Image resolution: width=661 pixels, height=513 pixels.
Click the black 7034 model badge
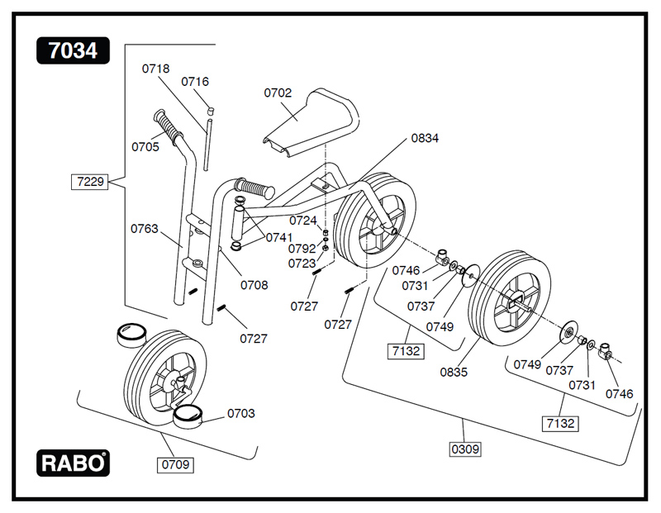tap(73, 51)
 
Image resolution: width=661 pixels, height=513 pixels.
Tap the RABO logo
tap(73, 463)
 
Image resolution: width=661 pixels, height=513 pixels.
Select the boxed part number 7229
tap(89, 181)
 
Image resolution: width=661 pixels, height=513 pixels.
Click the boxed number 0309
tap(464, 449)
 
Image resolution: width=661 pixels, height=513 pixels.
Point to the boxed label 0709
tap(174, 464)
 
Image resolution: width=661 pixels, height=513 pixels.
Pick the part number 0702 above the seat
tap(278, 93)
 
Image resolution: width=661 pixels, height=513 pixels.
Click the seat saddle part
tap(310, 124)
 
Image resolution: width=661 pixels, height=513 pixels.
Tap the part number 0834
tap(425, 138)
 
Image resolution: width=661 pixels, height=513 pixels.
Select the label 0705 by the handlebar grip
tap(145, 147)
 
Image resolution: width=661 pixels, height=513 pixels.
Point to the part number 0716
tap(195, 81)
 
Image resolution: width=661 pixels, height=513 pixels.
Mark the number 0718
tap(155, 69)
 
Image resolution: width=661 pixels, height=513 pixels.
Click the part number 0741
tap(278, 237)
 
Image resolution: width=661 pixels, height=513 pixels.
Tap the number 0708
tap(254, 285)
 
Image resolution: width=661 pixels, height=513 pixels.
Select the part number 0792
tap(302, 248)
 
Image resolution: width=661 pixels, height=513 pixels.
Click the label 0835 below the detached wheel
tap(454, 372)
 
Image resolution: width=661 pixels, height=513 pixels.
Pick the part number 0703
tap(241, 413)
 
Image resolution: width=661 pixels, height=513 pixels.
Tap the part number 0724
tap(302, 221)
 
